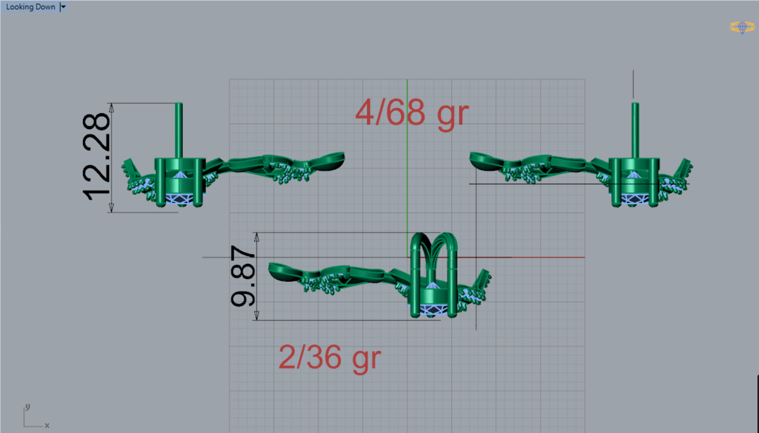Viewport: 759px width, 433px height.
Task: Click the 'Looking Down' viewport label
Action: click(x=30, y=7)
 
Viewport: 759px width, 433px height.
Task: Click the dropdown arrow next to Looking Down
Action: click(x=63, y=7)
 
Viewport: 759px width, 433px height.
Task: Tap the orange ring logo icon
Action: click(x=742, y=27)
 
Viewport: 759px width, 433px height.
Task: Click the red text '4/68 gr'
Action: click(x=411, y=113)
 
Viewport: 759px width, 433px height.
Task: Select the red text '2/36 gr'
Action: click(x=330, y=357)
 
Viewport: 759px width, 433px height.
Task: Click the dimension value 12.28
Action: click(x=96, y=157)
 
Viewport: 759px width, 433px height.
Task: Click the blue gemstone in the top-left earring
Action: click(x=179, y=198)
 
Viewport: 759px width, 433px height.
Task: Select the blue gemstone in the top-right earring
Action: click(x=634, y=198)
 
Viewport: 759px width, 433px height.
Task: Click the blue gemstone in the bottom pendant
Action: click(x=433, y=308)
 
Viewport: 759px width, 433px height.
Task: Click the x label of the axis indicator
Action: click(x=47, y=425)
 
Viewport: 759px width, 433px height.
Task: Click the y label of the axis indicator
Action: click(x=28, y=407)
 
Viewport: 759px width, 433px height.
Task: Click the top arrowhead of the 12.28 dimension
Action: click(x=112, y=107)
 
